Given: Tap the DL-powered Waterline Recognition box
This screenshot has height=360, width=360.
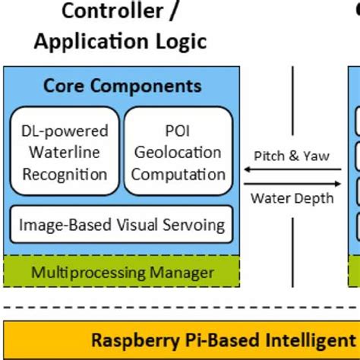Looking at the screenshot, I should [64, 152].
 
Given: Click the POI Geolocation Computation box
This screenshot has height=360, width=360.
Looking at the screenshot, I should [178, 152].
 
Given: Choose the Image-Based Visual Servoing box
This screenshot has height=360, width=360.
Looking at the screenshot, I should [122, 225].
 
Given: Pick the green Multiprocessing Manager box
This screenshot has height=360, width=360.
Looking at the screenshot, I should [122, 271].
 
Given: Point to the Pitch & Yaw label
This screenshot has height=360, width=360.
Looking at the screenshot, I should [292, 156].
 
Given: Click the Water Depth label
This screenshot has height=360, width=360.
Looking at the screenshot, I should [292, 198].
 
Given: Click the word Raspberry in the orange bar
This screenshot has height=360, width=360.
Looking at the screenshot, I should [128, 339].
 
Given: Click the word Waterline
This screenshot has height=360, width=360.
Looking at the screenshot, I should [65, 152].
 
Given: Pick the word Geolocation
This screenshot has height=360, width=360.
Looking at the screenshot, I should [178, 152].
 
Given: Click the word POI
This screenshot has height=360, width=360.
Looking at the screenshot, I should [178, 131].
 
